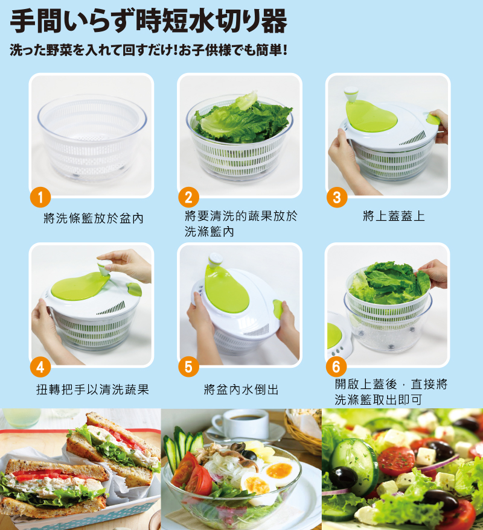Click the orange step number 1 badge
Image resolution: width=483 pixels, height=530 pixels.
click(x=40, y=197)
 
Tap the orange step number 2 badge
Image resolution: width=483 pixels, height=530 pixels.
click(x=188, y=197)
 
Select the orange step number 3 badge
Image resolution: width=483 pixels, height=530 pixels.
click(x=337, y=197)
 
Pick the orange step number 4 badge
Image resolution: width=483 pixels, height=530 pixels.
click(x=40, y=367)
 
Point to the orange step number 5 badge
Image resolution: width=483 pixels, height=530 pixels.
click(x=188, y=367)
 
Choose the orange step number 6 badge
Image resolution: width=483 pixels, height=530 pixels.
click(x=336, y=367)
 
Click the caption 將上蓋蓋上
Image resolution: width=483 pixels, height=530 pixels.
click(x=393, y=216)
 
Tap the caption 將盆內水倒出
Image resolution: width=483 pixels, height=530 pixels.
click(x=241, y=390)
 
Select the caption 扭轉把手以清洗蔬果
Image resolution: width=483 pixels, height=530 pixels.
click(x=93, y=390)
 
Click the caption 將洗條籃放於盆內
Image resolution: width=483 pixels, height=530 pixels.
click(x=94, y=218)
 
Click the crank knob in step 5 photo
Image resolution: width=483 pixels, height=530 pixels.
click(x=216, y=260)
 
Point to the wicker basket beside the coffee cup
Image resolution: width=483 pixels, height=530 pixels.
click(x=303, y=431)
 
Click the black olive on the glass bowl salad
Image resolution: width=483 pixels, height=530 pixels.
click(x=249, y=455)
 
